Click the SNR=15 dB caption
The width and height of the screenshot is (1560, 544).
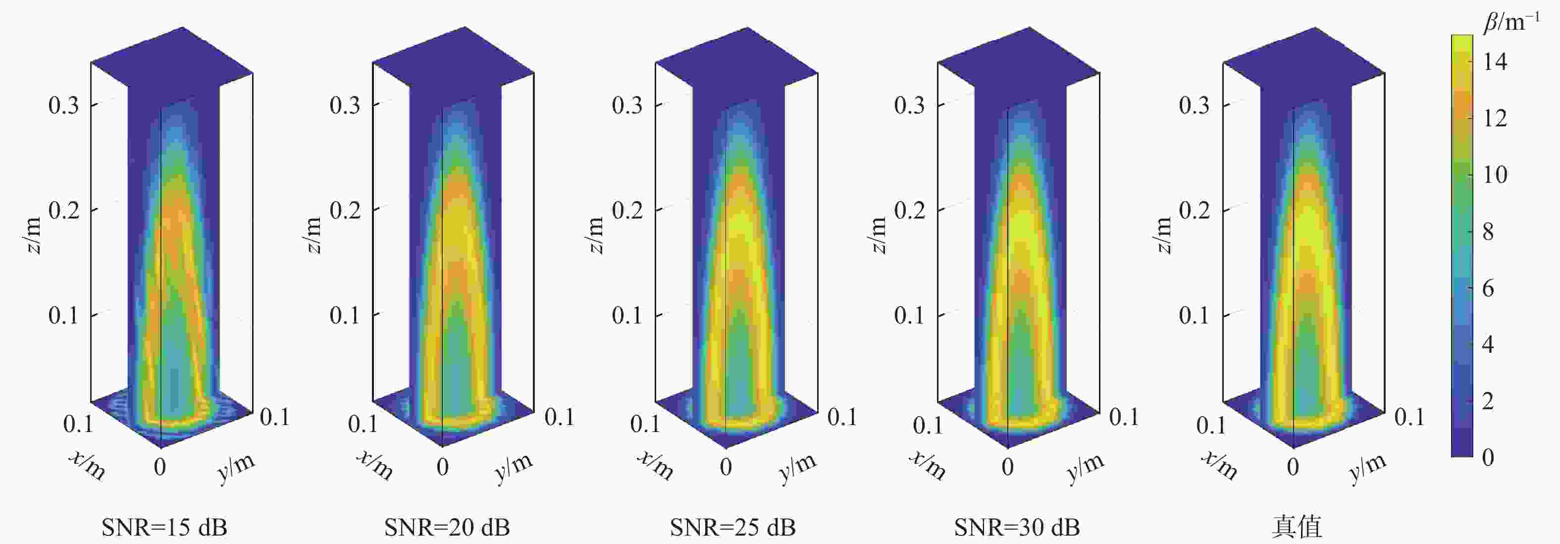coord(164,527)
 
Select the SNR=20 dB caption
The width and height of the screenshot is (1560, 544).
coord(447,527)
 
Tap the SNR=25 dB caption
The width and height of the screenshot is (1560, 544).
coord(732,527)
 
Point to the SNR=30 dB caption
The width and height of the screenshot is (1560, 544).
coord(1017,527)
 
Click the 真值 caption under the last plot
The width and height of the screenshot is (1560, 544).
coord(1297,527)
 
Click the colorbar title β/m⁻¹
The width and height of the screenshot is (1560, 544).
coord(1511,22)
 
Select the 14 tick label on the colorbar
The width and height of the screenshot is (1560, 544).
coord(1495,61)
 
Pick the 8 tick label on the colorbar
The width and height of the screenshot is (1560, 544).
coord(1488,231)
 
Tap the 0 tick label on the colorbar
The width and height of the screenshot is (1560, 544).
coord(1488,457)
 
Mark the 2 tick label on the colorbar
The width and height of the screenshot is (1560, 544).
coord(1488,401)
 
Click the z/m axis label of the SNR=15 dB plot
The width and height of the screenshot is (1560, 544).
coord(34,236)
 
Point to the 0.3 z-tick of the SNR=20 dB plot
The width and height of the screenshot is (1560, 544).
coord(345,105)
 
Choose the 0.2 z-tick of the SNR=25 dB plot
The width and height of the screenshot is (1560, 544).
coord(627,210)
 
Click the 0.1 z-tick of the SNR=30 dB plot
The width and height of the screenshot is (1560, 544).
coord(909,315)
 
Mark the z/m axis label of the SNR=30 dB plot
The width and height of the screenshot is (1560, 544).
coord(879,236)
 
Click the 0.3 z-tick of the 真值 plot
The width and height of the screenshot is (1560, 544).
coord(1194,105)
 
